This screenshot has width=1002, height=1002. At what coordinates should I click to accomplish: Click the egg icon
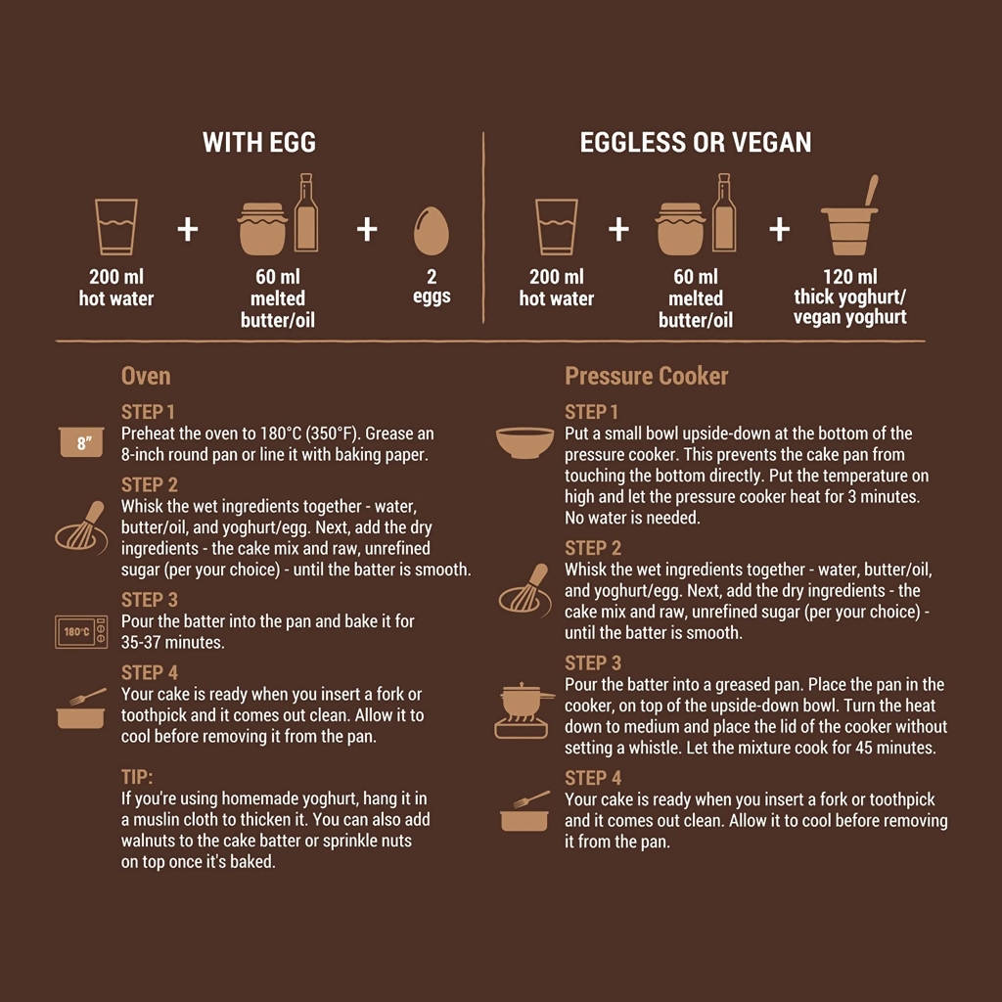coord(432,231)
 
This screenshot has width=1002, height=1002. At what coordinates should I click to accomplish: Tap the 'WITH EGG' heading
coord(259,143)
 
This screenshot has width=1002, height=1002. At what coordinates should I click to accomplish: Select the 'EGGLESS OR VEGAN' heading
coord(696,143)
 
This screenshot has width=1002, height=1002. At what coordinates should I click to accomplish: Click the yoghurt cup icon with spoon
coord(850,216)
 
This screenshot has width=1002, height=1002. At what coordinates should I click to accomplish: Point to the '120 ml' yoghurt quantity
coord(850,277)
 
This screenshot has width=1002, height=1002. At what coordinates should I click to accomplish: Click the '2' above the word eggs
coord(432,277)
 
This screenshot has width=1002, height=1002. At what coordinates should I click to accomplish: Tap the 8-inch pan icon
coord(82,442)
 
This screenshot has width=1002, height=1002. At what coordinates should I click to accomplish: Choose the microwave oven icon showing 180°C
coord(81,632)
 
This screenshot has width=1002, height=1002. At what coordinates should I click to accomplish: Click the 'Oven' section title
coord(146,376)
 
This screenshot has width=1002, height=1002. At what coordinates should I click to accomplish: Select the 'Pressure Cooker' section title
coord(646,376)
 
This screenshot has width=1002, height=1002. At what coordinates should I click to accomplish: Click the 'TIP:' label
coord(137,777)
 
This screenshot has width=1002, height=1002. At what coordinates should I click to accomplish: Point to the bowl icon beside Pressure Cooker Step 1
coord(524,443)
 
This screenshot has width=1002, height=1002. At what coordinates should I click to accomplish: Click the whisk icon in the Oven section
coord(81,527)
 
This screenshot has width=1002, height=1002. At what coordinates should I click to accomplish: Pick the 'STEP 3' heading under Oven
coord(150,600)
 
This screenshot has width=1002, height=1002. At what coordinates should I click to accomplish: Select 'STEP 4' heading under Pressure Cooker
coord(593,778)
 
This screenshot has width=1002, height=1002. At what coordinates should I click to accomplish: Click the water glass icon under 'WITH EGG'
coord(116,227)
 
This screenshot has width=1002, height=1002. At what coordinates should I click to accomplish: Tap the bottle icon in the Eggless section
coord(724,212)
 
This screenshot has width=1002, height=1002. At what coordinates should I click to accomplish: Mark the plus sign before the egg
coord(367,229)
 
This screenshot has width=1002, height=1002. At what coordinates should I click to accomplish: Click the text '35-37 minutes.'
coord(172,642)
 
